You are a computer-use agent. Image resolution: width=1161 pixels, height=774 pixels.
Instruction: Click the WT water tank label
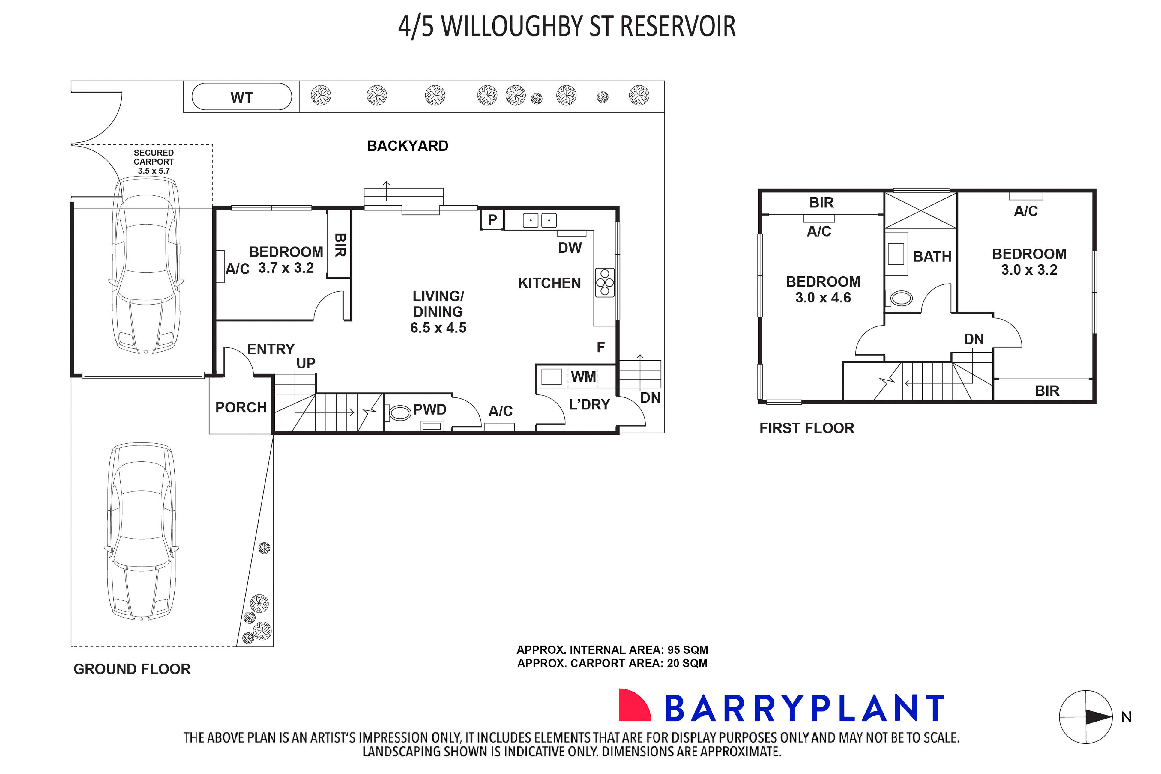(241, 98)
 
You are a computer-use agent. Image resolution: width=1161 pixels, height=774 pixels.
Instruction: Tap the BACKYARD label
(407, 146)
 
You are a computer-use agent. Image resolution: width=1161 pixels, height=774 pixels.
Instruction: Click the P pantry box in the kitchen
(492, 220)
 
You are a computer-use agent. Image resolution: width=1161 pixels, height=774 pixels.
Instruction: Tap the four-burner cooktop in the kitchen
(604, 282)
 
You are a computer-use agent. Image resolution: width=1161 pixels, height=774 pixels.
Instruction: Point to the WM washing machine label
(583, 377)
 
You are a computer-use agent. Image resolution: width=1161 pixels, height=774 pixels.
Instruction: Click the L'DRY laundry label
(589, 405)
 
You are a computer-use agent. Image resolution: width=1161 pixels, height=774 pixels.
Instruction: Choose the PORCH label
(241, 408)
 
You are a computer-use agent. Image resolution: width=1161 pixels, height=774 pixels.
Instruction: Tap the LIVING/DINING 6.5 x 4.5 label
(438, 312)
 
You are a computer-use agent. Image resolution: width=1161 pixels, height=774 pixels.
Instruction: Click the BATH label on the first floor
(932, 257)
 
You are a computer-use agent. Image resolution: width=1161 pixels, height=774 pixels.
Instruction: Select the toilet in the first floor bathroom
(901, 298)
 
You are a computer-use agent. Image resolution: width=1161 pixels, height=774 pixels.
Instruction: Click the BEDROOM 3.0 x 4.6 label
(823, 290)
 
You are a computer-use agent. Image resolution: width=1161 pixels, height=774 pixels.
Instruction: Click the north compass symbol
(1085, 717)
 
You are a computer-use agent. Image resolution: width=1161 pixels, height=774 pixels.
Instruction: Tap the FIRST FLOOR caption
(806, 428)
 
